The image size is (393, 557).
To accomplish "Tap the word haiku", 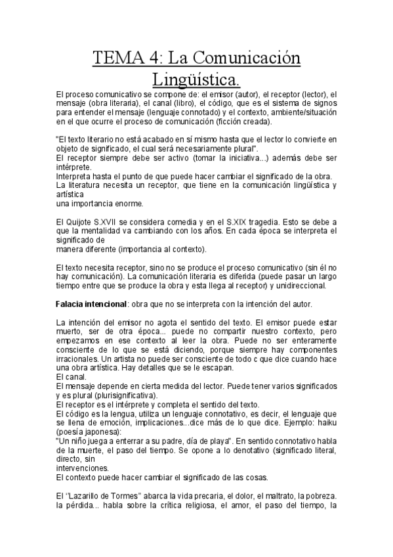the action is point(325,424).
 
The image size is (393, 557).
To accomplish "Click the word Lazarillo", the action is point(93,497).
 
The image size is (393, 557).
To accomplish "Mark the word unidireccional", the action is point(306,286).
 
